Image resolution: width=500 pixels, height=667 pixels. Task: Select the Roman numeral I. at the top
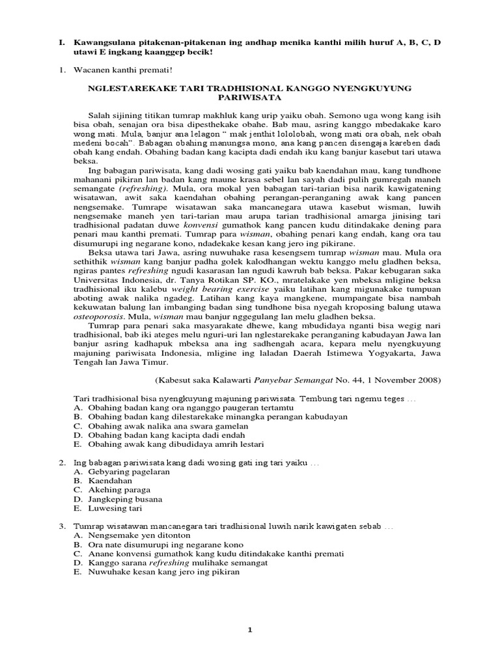(61, 42)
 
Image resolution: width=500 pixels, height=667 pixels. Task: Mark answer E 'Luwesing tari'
(114, 508)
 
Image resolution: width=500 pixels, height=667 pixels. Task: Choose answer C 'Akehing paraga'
(119, 489)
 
